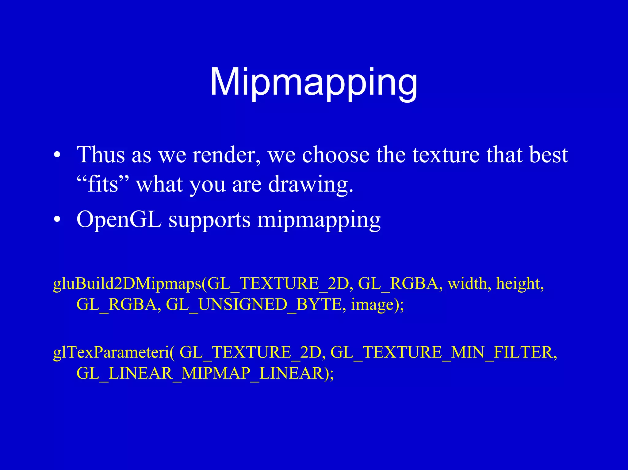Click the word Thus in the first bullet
pos(101,155)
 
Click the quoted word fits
pos(103,184)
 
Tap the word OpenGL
pos(119,220)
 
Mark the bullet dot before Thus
pos(57,155)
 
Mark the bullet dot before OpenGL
pos(57,220)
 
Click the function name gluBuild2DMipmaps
pos(127,284)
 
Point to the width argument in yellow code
pos(467,284)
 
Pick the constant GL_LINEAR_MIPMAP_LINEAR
pos(200,373)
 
